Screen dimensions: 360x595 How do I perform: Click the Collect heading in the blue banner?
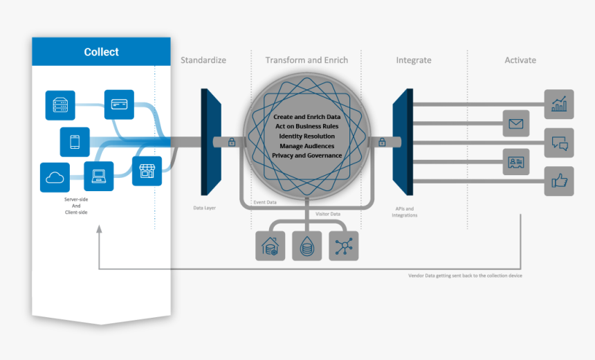pyautogui.click(x=101, y=52)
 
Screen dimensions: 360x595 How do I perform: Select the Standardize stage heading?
pyautogui.click(x=203, y=60)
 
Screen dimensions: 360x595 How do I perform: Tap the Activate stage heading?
pyautogui.click(x=520, y=60)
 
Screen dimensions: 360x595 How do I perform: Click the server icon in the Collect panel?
pyautogui.click(x=59, y=105)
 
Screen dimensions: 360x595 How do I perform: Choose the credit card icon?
pyautogui.click(x=119, y=104)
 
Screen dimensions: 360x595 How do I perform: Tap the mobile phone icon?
pyautogui.click(x=75, y=142)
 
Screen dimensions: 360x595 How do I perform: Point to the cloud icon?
pyautogui.click(x=55, y=177)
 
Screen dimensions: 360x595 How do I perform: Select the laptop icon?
pyautogui.click(x=99, y=176)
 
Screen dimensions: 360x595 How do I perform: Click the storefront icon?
pyautogui.click(x=146, y=171)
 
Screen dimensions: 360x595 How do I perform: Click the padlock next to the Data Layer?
pyautogui.click(x=232, y=143)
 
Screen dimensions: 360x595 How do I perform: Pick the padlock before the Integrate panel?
pyautogui.click(x=381, y=143)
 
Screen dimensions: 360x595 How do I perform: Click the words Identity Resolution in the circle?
pyautogui.click(x=307, y=136)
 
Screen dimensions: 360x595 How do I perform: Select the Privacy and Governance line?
pyautogui.click(x=307, y=156)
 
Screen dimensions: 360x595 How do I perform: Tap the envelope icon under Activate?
pyautogui.click(x=515, y=124)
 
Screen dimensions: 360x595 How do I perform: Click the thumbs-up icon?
pyautogui.click(x=558, y=181)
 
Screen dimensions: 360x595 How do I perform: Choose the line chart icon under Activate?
pyautogui.click(x=558, y=104)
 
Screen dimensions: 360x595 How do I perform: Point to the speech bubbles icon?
pyautogui.click(x=558, y=143)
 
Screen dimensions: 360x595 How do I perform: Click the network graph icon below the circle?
pyautogui.click(x=344, y=246)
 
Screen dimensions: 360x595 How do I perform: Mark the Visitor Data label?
pyautogui.click(x=328, y=214)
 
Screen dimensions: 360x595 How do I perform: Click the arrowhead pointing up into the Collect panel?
pyautogui.click(x=100, y=234)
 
